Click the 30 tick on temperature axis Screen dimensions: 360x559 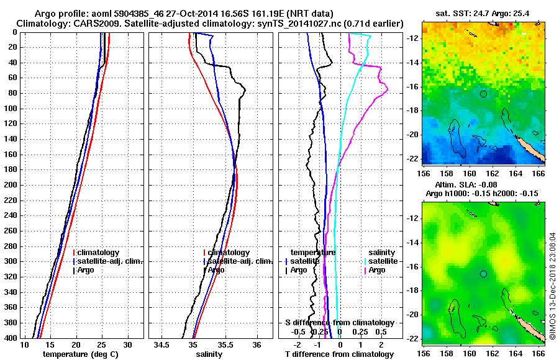[128, 344]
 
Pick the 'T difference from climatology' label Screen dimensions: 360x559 [339, 354]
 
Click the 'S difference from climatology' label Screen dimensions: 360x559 [339, 323]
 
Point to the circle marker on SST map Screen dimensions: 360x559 [483, 94]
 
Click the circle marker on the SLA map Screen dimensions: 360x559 [483, 274]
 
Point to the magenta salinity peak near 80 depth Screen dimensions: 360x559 [388, 91]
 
